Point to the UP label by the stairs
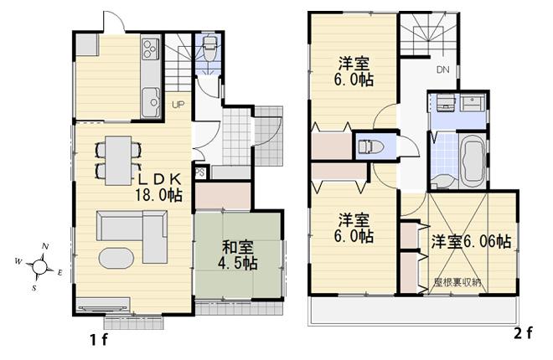coord(178,105)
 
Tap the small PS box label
coord(199,173)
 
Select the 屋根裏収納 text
coord(456,281)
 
